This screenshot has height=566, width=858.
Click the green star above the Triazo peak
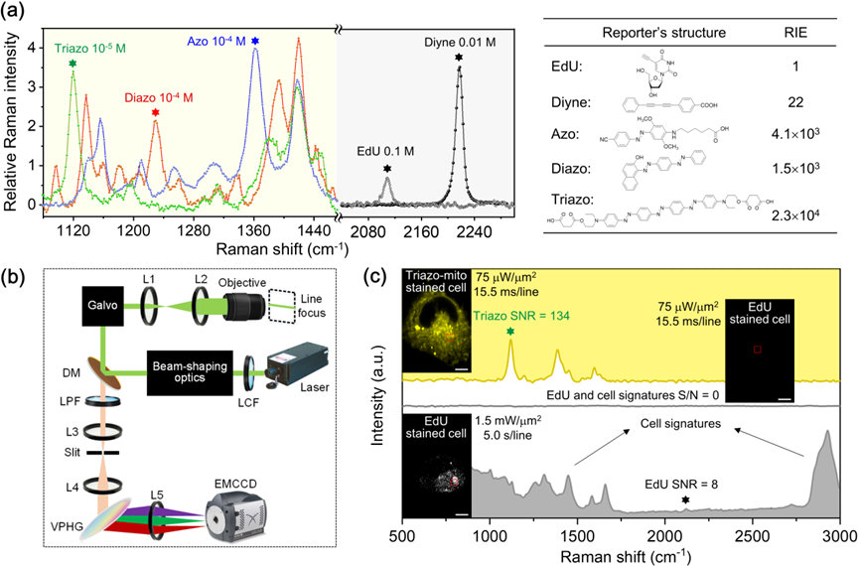click(x=72, y=64)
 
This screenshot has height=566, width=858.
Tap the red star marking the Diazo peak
click(x=156, y=113)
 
